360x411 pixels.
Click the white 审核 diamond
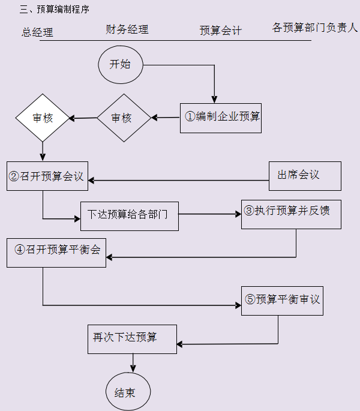pos(43,118)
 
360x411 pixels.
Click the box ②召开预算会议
pos(47,176)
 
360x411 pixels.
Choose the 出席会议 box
pos(305,176)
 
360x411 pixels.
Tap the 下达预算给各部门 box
pos(130,215)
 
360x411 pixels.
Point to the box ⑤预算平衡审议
pos(282,299)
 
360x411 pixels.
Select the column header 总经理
pos(37,32)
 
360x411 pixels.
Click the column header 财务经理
pos(127,29)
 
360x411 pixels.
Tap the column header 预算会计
pos(220,31)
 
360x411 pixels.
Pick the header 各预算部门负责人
pos(314,28)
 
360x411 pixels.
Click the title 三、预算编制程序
pos(55,10)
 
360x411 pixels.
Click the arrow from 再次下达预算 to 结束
pos(133,362)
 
